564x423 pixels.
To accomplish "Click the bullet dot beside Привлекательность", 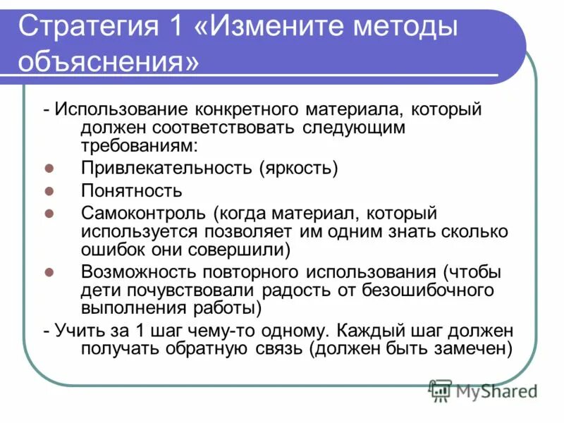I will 49,168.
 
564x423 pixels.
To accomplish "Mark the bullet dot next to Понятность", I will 49,190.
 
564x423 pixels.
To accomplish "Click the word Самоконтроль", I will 145,212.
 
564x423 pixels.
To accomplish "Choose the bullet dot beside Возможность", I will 49,271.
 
